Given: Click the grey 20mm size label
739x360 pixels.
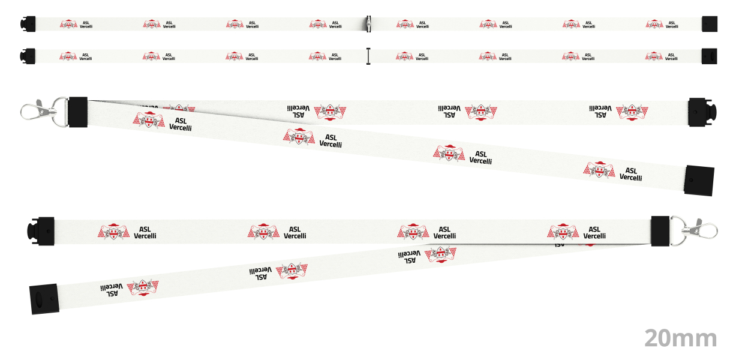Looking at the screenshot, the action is (681, 338).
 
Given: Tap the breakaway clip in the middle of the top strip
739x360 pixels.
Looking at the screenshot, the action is (368, 24).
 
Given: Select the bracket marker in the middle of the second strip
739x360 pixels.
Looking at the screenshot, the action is (368, 56).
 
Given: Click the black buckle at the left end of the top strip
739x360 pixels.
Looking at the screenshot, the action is (28, 24).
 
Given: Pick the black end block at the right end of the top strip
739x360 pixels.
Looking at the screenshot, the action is (710, 24).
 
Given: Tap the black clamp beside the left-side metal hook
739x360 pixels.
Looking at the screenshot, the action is (78, 112).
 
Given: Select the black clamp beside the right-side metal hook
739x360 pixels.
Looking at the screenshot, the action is (660, 231).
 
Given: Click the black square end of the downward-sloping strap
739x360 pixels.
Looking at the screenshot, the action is (699, 181).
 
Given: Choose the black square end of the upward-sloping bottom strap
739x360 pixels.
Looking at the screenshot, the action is (44, 299).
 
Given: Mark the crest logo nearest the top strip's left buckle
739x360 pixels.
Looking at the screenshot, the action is (68, 24).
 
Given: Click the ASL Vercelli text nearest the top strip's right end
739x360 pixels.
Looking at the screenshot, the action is (672, 25).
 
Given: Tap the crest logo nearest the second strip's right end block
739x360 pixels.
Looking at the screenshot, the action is (654, 56).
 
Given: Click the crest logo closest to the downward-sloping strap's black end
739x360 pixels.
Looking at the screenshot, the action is (599, 170).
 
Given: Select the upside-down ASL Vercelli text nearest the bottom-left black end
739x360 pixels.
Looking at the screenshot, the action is (112, 290).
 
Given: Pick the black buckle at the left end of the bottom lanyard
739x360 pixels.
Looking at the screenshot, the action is (41, 231).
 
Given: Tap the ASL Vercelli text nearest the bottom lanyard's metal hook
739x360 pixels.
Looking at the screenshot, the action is (594, 233).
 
